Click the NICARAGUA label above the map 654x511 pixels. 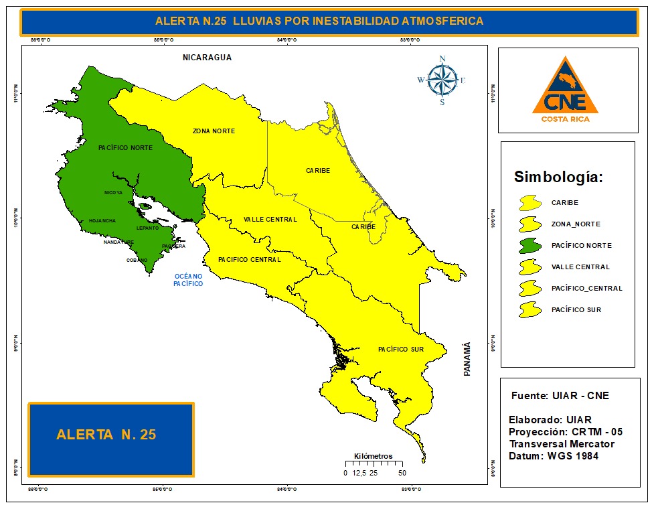pos(207,58)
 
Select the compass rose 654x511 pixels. pos(442,80)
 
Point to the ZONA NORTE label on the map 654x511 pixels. pos(214,131)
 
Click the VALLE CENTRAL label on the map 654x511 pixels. pos(270,220)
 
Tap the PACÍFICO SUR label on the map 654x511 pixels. pos(401,350)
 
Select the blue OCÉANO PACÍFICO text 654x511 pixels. pos(188,280)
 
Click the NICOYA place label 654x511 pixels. pos(113,193)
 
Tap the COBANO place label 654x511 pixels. pos(137,261)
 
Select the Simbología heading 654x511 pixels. pos(558,177)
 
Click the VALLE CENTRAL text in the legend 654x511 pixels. pos(580,267)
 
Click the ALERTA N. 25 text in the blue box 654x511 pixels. pos(106,435)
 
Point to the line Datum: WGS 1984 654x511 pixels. pos(554,456)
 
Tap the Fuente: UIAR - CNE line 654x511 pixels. pos(560,396)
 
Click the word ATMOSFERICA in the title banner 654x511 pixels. pos(442,21)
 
